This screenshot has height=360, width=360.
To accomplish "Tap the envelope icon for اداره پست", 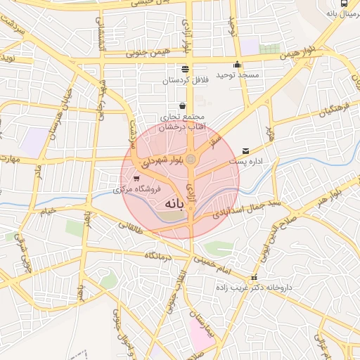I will [x=245, y=150].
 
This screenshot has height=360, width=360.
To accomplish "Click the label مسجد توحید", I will [x=237, y=75].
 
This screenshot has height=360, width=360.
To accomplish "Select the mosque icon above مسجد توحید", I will [x=237, y=65].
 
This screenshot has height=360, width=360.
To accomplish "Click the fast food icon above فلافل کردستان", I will [x=185, y=69].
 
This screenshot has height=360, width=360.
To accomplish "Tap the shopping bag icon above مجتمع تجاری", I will [x=182, y=105].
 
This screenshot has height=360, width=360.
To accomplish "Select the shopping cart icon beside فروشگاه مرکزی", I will [x=136, y=179].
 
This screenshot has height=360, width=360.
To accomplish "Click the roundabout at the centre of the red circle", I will [x=191, y=160].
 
